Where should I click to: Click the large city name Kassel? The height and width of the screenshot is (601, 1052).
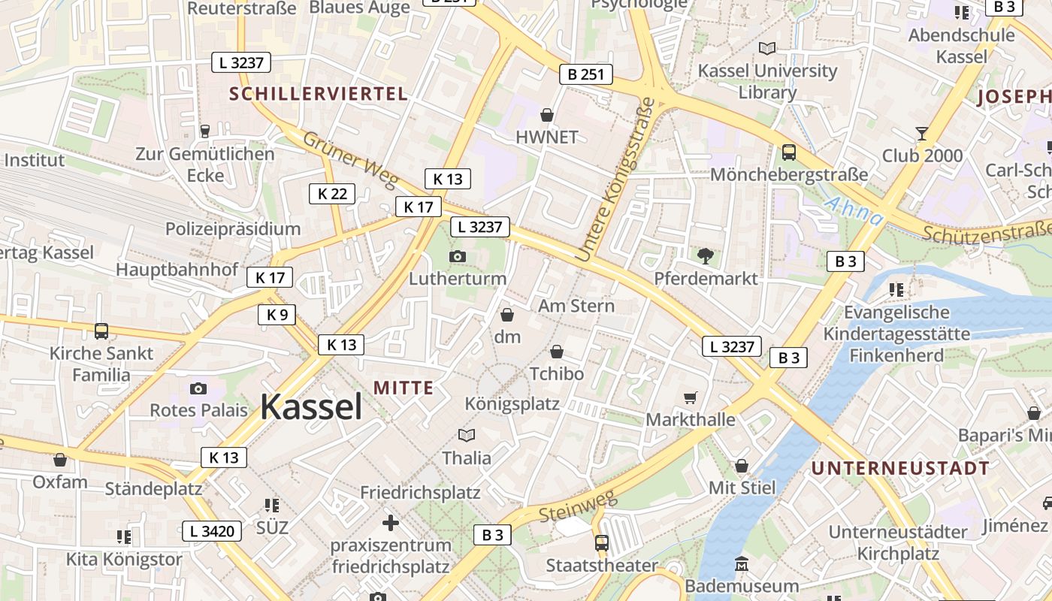point(311,406)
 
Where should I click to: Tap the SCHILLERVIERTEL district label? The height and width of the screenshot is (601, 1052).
point(319,94)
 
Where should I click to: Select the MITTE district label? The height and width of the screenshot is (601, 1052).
point(404,388)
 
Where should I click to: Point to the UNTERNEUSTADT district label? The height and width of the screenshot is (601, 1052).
point(900,468)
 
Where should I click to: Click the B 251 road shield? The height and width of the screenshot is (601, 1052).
point(586,74)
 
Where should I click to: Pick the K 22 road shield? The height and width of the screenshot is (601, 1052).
point(332,194)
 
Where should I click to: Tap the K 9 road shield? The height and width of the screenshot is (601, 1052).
point(277,315)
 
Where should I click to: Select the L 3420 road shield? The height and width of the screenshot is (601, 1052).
point(212,532)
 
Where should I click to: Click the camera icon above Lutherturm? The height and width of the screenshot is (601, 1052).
point(457,257)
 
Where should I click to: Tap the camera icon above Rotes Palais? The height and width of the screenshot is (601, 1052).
point(198,388)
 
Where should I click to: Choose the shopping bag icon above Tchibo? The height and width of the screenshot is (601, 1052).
point(557,352)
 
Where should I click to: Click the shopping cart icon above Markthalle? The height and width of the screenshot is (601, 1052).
point(690,397)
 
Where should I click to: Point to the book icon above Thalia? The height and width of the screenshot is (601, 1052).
point(467,435)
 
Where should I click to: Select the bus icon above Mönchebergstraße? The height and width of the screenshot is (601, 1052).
point(789,153)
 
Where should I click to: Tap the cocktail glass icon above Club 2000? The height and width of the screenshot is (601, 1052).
point(922,134)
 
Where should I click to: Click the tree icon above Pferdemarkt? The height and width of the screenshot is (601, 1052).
point(706,256)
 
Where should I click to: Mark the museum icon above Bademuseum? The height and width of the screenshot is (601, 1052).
point(742,563)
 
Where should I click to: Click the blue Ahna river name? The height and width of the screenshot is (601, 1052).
point(854,210)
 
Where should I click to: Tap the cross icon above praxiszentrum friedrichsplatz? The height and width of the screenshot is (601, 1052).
point(391,522)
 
